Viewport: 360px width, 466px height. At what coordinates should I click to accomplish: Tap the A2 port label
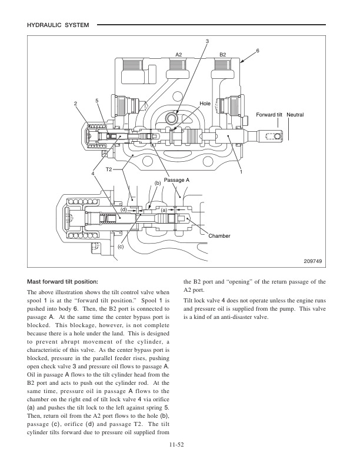[x=179, y=54]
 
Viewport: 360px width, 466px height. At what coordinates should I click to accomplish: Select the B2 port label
[x=223, y=54]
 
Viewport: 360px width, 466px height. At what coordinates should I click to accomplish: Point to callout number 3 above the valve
[x=207, y=41]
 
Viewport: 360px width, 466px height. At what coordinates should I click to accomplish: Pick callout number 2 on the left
[x=75, y=104]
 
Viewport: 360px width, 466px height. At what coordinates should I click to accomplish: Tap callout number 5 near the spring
[x=96, y=101]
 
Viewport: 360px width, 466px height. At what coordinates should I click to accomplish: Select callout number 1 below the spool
[x=241, y=172]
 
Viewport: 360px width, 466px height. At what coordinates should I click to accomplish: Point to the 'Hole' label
[x=205, y=103]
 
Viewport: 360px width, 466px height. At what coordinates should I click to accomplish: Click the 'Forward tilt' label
[x=268, y=113]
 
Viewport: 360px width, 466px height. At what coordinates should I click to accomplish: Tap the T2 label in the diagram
[x=109, y=169]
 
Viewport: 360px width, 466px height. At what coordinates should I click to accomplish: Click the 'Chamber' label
[x=219, y=236]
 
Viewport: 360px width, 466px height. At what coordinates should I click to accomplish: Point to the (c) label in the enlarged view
[x=121, y=247]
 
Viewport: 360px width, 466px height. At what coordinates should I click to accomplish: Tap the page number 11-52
[x=180, y=445]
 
